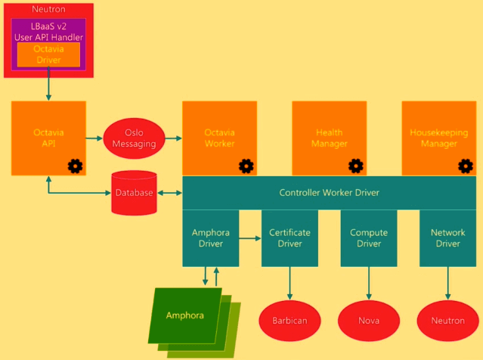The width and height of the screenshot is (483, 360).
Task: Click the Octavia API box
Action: [48, 138]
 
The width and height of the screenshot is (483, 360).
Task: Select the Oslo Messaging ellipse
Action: [134, 138]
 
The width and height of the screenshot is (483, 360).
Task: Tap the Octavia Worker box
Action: [219, 138]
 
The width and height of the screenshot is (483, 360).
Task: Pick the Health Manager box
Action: [330, 138]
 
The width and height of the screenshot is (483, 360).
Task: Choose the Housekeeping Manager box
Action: [438, 138]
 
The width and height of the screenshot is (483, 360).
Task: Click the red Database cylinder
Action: [134, 192]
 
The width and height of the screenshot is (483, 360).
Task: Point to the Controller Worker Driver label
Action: [329, 193]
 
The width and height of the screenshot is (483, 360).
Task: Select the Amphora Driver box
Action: [211, 237]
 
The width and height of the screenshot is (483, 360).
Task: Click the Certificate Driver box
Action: [289, 237]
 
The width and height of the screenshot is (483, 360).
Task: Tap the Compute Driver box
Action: [369, 237]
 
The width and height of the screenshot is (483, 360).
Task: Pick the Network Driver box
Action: [447, 237]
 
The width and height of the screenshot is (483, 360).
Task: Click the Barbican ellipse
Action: [289, 320]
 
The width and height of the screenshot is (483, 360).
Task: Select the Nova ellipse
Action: [369, 320]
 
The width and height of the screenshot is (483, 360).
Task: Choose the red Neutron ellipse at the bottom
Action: [447, 320]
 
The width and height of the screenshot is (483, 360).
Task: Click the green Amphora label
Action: [185, 315]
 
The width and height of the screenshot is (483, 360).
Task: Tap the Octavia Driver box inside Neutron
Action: [48, 54]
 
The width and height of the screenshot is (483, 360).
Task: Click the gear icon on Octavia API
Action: [75, 166]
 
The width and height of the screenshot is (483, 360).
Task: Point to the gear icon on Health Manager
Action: [355, 166]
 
